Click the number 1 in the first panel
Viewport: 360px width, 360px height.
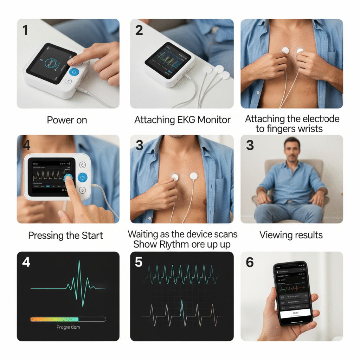point(25,30)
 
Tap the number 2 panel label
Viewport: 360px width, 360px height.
point(139,30)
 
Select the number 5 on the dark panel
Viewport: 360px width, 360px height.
point(139,263)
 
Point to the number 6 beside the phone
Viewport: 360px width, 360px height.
point(250,263)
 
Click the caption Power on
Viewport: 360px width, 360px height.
point(67,120)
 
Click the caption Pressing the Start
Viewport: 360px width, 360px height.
point(66,235)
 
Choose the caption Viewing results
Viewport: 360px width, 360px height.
point(291,235)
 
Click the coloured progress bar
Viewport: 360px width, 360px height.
point(54,319)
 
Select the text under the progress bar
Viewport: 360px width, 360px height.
point(68,327)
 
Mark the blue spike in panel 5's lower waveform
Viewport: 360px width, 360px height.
point(182,304)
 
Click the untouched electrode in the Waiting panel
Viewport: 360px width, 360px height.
point(194,176)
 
